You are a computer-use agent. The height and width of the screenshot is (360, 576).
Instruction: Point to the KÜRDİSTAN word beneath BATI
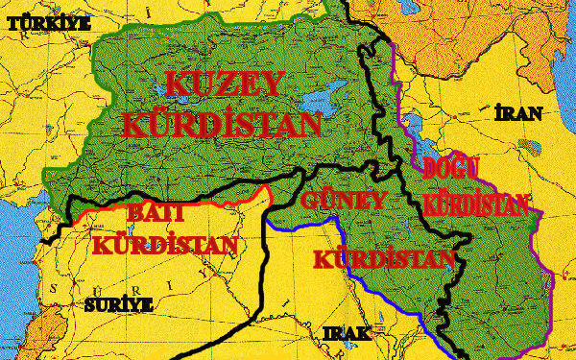[165, 243]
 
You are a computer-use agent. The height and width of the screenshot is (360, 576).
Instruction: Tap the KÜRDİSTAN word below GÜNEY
[383, 260]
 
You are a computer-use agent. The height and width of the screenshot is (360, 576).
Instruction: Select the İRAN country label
[518, 114]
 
